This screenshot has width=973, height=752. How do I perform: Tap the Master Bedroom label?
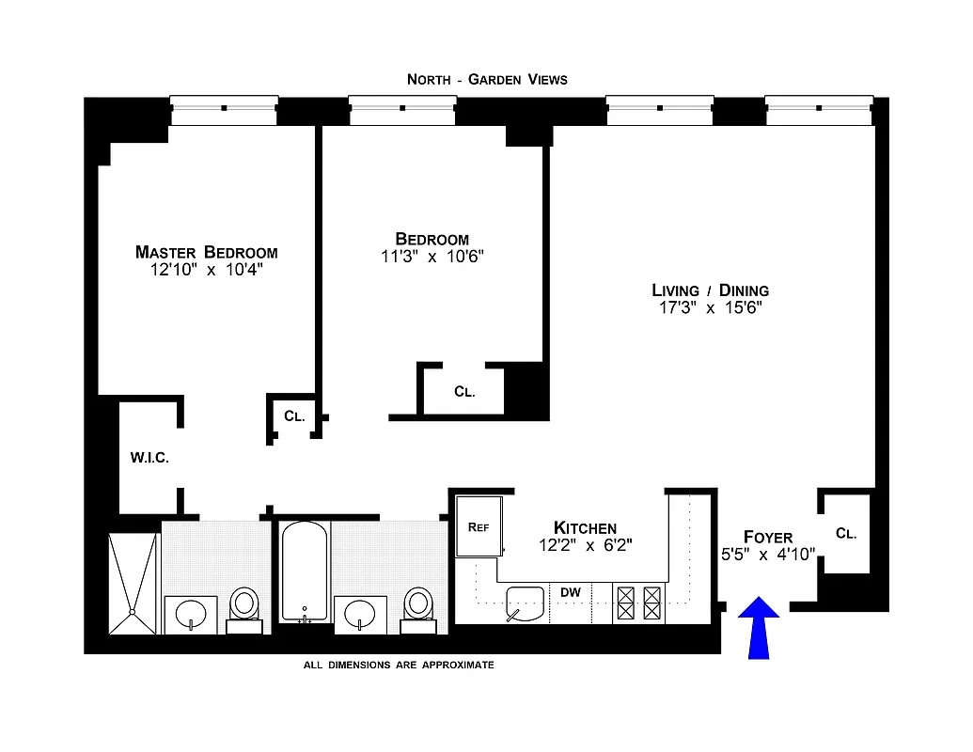[x=206, y=252]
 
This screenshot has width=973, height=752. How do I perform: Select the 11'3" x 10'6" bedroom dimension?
[x=432, y=257]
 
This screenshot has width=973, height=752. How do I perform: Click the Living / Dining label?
[x=710, y=290]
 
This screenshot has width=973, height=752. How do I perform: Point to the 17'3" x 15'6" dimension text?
[x=710, y=307]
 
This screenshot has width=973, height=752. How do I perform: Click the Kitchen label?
[x=585, y=527]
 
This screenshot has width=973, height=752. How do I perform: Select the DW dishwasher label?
[x=570, y=592]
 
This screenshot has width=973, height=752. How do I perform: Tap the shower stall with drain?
[x=133, y=585]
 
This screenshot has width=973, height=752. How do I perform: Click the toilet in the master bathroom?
[x=244, y=606]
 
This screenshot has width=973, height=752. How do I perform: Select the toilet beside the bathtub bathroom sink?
[x=416, y=605]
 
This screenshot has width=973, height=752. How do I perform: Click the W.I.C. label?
[x=149, y=458]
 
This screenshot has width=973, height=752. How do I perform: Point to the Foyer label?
[x=767, y=537]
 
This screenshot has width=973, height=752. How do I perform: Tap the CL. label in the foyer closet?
[x=846, y=533]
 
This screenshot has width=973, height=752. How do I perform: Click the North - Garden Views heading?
[x=487, y=79]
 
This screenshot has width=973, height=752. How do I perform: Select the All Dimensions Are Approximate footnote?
[x=398, y=665]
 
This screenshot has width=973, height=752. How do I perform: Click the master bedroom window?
[x=224, y=109]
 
